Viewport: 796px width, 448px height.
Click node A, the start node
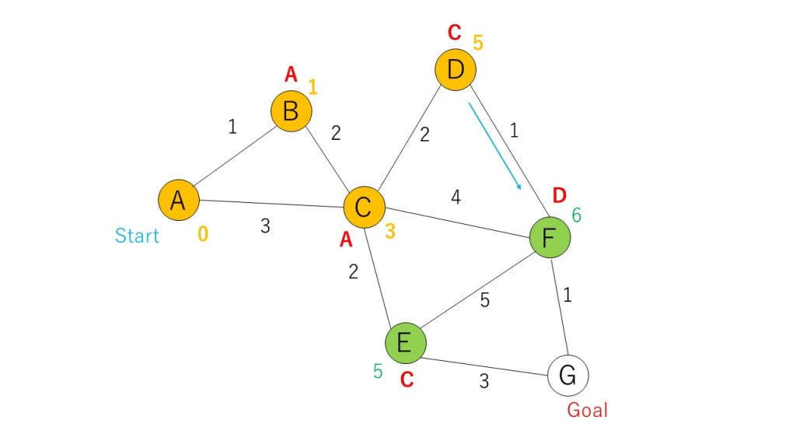coord(178,200)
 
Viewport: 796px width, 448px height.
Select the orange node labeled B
coord(291,111)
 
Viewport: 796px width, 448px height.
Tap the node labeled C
coord(364,207)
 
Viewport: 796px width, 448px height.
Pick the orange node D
coord(456,69)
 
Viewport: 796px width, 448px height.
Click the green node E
coord(405,343)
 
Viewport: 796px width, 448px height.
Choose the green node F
coord(550,237)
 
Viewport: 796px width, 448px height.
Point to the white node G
coord(568,376)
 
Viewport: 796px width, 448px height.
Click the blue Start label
coord(137,235)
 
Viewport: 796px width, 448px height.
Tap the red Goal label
coord(587,410)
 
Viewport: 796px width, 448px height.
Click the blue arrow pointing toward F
coord(495,146)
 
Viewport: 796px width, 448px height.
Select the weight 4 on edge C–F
coord(456,197)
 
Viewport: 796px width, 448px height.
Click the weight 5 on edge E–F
coord(485,300)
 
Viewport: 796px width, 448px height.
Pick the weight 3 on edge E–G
coord(484,381)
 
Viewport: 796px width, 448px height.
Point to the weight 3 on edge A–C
coord(265,226)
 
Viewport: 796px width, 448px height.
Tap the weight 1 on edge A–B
coord(232,127)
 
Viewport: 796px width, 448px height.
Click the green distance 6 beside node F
coord(577,215)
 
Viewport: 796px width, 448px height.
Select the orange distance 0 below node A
coord(203,233)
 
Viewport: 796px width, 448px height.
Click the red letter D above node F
coord(559,195)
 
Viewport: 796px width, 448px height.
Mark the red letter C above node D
coord(454,33)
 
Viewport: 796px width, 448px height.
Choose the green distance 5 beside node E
coord(378,371)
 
